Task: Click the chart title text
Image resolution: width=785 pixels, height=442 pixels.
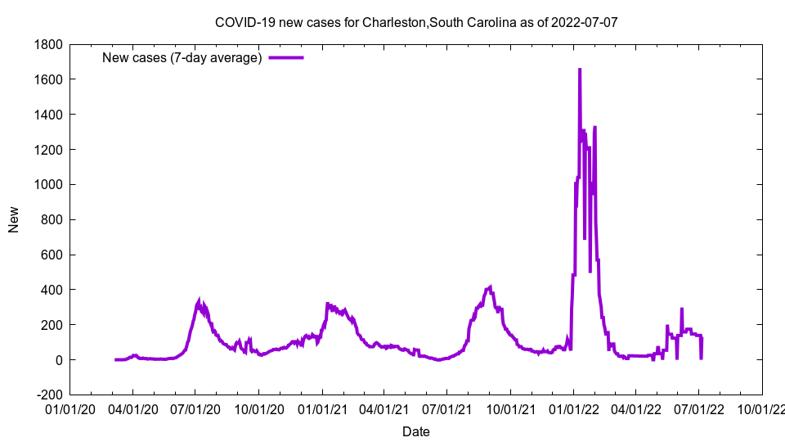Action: coord(416,22)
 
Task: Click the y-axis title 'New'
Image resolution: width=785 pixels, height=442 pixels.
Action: coord(14,219)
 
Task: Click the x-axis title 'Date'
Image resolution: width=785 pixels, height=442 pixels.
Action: coord(415,431)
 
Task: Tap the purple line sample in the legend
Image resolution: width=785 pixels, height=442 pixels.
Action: coord(286,57)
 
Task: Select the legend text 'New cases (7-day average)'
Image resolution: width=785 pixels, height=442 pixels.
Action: coord(182,57)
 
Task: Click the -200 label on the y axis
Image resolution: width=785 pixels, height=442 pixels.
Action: coord(51,395)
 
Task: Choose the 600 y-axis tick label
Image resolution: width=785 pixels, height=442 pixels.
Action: coord(52,255)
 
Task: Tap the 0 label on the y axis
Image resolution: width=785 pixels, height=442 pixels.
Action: coord(59,360)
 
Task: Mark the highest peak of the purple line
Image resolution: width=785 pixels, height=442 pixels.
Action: coord(580,70)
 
